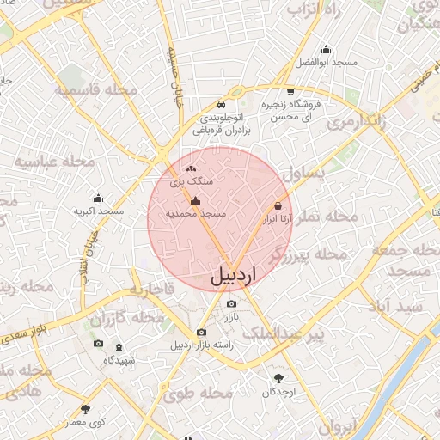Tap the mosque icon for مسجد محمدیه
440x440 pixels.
click(195, 201)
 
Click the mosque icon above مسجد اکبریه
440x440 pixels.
click(98, 198)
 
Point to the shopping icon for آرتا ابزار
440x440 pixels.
click(278, 206)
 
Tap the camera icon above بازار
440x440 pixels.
click(230, 304)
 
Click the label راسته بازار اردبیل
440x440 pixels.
click(201, 345)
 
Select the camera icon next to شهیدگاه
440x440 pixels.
click(98, 345)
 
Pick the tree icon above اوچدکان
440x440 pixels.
click(278, 378)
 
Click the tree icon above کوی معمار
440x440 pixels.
click(84, 409)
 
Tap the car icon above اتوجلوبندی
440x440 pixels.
click(222, 101)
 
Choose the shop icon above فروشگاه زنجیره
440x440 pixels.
click(291, 90)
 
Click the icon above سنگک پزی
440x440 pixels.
click(191, 169)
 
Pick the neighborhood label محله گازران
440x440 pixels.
click(126, 318)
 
